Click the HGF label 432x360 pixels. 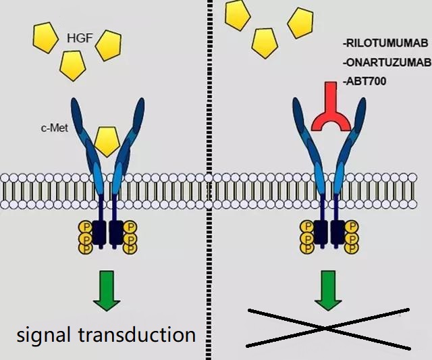point(80,38)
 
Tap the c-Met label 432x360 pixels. point(54,128)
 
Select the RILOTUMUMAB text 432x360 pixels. point(385,43)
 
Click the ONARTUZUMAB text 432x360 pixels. point(387,63)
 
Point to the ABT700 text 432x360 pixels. point(364,81)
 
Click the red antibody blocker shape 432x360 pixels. point(331,110)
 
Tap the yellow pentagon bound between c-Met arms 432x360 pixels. point(107,141)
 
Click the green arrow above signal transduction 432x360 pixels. point(107,291)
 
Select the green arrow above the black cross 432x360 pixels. point(328,291)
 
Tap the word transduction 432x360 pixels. point(137,334)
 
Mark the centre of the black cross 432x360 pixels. point(326,328)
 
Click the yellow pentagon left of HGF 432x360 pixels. point(45,38)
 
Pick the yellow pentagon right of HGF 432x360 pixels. point(109,45)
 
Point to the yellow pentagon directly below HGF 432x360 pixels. point(73,66)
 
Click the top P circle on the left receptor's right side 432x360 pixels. point(130,228)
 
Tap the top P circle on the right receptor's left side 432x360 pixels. point(306,227)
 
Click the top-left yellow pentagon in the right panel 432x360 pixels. point(238,15)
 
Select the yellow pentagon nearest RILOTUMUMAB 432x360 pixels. point(300,23)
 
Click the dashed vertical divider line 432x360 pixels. point(209,180)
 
